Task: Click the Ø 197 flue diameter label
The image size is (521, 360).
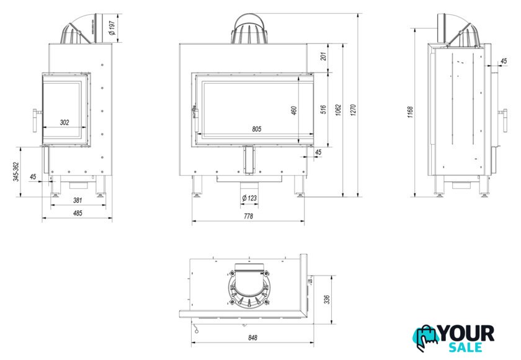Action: (112, 28)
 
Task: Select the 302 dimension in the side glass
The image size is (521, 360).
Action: (65, 122)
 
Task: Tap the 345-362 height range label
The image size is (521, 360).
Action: (16, 171)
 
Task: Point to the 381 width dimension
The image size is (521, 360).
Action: (78, 200)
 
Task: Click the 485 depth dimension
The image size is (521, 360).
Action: (78, 213)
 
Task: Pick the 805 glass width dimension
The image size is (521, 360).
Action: (257, 129)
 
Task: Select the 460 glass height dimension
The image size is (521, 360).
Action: (294, 110)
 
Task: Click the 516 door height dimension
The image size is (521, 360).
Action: (323, 110)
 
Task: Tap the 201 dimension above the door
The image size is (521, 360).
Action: (323, 56)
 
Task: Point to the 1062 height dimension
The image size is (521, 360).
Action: (338, 110)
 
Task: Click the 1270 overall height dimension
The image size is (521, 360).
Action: (353, 110)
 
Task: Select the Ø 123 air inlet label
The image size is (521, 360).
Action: (249, 198)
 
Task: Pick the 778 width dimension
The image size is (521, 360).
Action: (248, 216)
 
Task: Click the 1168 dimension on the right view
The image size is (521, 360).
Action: (411, 112)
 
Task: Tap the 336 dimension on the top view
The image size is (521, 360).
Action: (327, 300)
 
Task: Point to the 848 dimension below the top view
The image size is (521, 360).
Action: (252, 338)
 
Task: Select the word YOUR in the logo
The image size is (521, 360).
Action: (466, 333)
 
